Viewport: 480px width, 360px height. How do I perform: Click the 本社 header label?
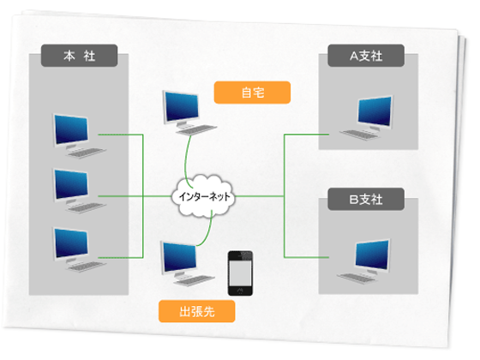point(79,56)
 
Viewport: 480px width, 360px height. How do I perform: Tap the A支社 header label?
point(366,56)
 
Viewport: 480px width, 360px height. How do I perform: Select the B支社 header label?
point(366,199)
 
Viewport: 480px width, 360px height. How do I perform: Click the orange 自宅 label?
point(252,93)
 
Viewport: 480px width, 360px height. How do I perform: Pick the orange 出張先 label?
point(197,311)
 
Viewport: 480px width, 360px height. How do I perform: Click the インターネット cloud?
point(204,196)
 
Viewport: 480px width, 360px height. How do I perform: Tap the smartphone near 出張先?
point(240,273)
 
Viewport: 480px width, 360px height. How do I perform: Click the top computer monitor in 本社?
point(70,131)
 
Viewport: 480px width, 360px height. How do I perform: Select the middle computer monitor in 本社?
point(70,185)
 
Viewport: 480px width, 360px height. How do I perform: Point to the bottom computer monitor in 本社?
point(70,244)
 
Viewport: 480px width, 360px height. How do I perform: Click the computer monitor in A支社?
point(375,112)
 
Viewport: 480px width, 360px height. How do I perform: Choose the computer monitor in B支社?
point(373,255)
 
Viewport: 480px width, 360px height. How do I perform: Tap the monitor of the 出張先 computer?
point(179,258)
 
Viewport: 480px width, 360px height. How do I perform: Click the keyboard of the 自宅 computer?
point(196,130)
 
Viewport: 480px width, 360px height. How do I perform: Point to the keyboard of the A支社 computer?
point(358,135)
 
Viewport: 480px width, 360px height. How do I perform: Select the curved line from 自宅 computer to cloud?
point(186,162)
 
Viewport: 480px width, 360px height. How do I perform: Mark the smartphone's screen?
point(240,273)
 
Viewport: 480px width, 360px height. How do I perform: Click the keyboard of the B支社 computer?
point(356,279)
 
